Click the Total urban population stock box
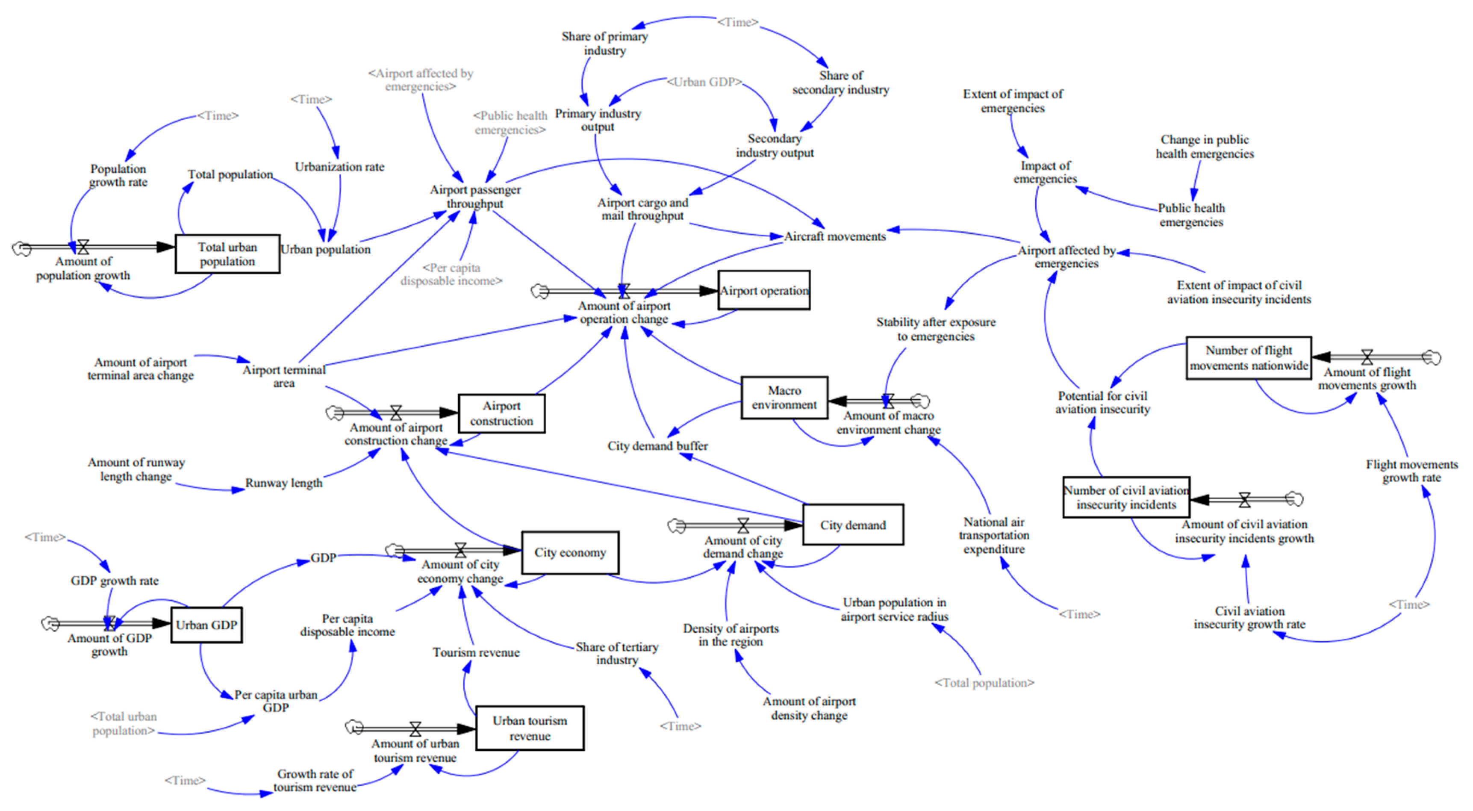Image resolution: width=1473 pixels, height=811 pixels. tap(227, 254)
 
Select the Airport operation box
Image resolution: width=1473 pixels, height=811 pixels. tap(763, 291)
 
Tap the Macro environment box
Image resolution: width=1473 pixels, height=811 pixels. tap(784, 398)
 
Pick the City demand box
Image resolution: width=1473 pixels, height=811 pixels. tap(853, 525)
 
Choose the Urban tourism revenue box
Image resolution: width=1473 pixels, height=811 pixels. tap(530, 728)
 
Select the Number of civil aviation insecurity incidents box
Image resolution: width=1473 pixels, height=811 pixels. tap(1126, 498)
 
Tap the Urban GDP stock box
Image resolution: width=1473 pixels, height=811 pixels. tap(206, 625)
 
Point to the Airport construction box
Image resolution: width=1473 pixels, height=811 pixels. tap(501, 413)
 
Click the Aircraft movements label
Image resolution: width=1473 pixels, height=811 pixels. tap(834, 236)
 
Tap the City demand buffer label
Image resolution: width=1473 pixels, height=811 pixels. tap(657, 446)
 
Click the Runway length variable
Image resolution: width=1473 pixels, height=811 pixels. tap(284, 483)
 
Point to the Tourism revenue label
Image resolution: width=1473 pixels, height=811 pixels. tap(476, 652)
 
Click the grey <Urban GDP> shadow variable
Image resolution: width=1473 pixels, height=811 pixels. tap(704, 82)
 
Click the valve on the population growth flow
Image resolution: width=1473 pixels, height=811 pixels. tap(83, 247)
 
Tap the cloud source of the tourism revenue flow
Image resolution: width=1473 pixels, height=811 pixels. tap(354, 727)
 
